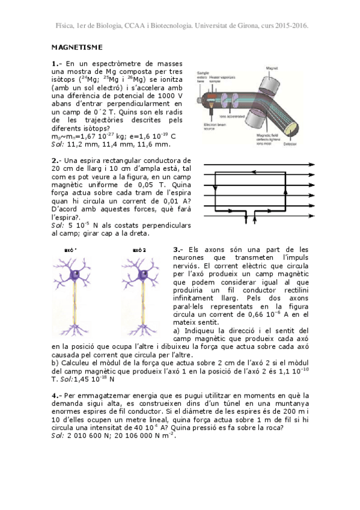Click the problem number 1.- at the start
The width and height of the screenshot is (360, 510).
coord(56,63)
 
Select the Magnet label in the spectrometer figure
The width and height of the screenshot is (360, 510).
coord(271,69)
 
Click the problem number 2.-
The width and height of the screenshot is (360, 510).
coord(56,161)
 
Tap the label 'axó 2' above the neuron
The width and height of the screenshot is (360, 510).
coord(139,250)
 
